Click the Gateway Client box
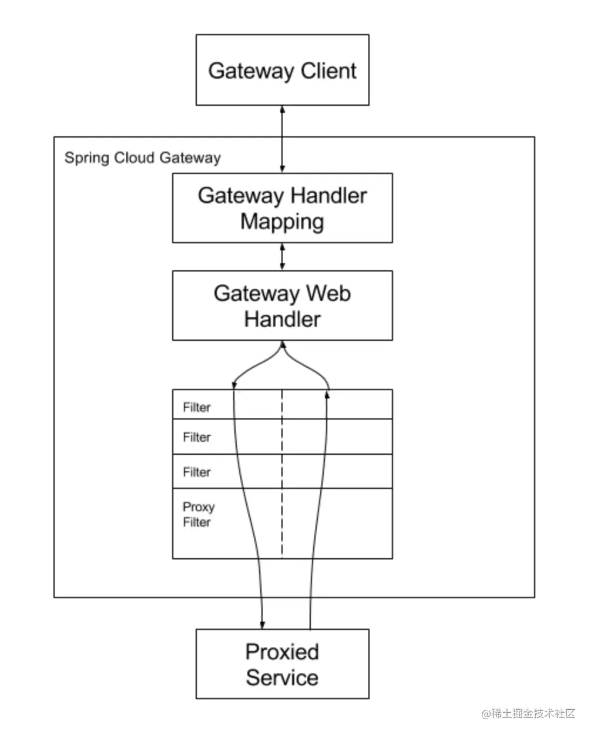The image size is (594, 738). (282, 70)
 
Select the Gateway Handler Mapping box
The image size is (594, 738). (282, 208)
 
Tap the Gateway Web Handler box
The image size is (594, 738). (282, 306)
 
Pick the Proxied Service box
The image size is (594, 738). (282, 664)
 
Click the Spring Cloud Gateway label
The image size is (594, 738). (142, 158)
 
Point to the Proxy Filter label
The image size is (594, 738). (198, 515)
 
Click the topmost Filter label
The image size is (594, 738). (196, 407)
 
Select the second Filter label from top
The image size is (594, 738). (196, 437)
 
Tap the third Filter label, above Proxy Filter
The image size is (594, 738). (196, 472)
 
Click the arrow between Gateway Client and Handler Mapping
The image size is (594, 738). (283, 139)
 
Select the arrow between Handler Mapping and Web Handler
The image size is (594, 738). (283, 257)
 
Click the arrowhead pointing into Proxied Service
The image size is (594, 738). (262, 624)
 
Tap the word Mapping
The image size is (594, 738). (282, 222)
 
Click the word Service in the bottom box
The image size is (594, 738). (282, 677)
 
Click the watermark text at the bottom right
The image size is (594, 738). (528, 714)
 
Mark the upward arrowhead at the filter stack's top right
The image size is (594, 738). (327, 394)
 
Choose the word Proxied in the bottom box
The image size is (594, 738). (282, 652)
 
